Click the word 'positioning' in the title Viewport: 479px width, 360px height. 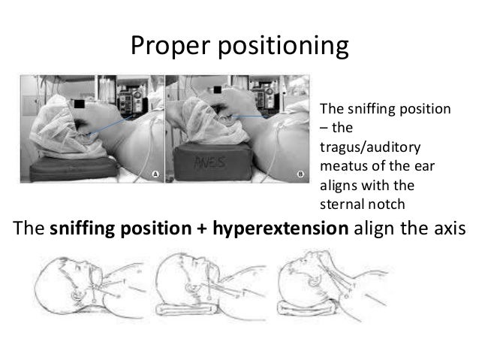coord(283,47)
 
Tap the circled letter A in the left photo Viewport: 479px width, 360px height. coord(155,174)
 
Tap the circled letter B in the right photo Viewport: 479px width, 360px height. coord(302,174)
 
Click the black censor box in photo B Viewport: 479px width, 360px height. coord(219,89)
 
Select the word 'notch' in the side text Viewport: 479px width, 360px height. coord(387,204)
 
